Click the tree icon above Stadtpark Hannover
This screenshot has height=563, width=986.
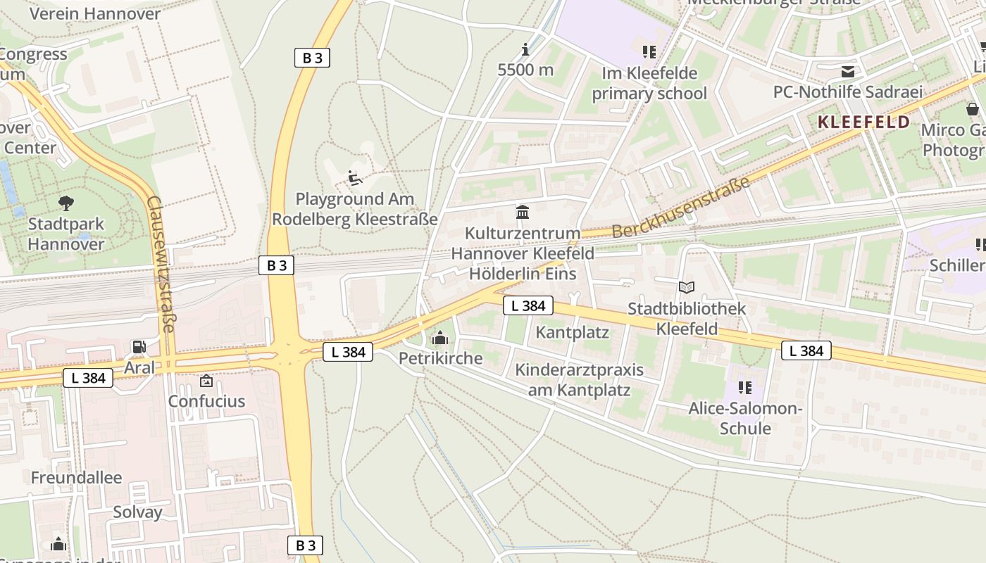coord(66,203)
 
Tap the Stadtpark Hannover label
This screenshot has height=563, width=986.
coord(66,234)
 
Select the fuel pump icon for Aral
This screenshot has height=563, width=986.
coord(139,346)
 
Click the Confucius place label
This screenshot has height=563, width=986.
coord(206,401)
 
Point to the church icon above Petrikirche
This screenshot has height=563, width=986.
coord(440,339)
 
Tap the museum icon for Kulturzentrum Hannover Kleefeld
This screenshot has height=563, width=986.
coord(523,212)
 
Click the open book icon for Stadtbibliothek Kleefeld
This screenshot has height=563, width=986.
coord(686,287)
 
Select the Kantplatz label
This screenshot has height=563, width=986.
coord(572,332)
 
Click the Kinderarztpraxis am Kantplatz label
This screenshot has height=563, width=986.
coord(579,380)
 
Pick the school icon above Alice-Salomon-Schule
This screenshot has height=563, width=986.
coord(745,388)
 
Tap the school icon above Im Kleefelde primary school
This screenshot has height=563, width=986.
coord(649,51)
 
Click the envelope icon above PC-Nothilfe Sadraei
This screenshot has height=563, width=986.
coord(847,71)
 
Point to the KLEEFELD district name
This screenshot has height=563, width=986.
coord(863,122)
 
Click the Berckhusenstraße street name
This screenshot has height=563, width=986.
coord(680,209)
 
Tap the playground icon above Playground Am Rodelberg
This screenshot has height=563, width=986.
coord(355,178)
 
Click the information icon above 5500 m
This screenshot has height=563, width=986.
coord(525,49)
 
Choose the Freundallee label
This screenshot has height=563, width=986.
coord(76,477)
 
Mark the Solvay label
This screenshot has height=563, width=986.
coord(137,512)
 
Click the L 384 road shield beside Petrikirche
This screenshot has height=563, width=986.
coord(348,352)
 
